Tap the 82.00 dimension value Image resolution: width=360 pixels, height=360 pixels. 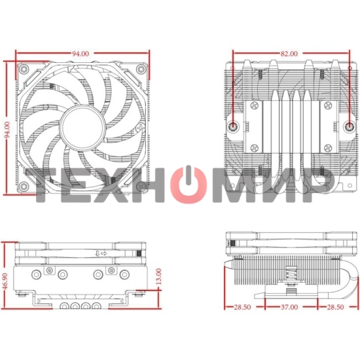point(289,53)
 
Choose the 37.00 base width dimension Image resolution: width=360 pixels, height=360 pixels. point(289,306)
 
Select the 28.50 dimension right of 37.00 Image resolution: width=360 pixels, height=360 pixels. point(336,306)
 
